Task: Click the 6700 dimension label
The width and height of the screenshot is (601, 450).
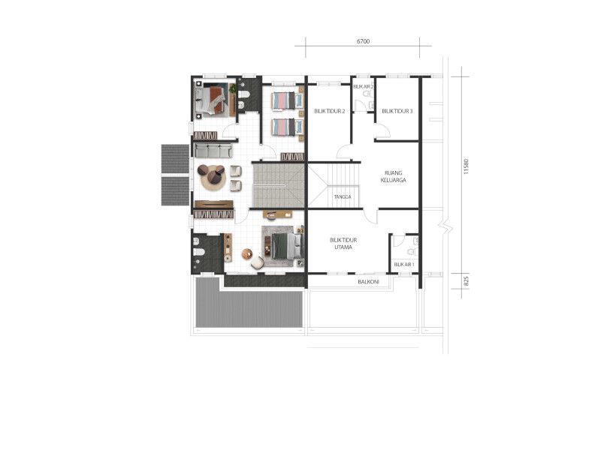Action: coord(363,41)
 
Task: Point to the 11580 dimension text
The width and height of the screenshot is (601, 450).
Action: coord(466,166)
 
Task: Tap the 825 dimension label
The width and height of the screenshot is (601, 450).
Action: coord(466,282)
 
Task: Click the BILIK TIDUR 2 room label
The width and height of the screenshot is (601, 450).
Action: coord(330,111)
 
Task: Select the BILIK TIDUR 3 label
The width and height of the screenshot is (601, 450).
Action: coord(397,111)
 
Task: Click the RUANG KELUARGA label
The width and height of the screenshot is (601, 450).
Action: coord(393,176)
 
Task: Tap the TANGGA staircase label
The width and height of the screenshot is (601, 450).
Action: coord(343,196)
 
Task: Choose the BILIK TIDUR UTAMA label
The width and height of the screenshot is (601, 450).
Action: coord(343,244)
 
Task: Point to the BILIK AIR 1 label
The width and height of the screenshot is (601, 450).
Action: coord(404,265)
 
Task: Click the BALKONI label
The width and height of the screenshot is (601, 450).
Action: coord(368,282)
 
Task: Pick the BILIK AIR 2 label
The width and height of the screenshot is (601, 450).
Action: coord(364,87)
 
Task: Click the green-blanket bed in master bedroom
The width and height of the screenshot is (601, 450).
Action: coord(282,245)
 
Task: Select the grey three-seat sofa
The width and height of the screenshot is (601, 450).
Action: coord(213,151)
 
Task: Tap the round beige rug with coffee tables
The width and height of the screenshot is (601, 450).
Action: coord(212,177)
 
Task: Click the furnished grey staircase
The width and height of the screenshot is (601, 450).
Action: coord(279,185)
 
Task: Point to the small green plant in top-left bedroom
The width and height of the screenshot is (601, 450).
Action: coord(232,88)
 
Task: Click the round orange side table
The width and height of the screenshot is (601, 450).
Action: coord(247,253)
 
